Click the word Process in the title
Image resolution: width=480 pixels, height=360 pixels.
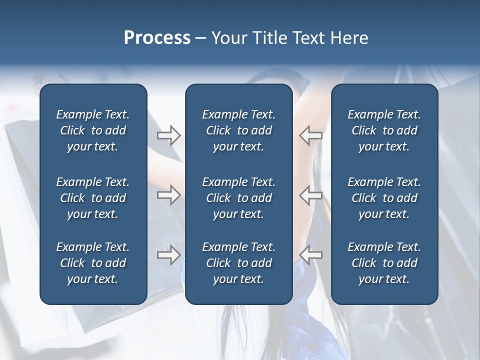157,38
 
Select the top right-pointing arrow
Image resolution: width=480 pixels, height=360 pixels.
168,135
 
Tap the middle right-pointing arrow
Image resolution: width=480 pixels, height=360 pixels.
168,195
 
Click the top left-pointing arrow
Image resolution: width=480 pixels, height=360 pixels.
310,135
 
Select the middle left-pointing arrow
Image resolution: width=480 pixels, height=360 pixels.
310,195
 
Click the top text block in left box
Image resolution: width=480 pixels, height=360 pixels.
93,130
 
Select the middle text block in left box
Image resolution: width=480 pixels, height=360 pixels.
93,198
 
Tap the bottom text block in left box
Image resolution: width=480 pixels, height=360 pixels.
93,263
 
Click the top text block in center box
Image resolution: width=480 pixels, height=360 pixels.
238,130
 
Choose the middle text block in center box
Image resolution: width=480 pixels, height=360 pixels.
238,198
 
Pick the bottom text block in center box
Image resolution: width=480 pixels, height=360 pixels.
238,263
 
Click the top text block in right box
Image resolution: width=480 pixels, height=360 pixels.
384,130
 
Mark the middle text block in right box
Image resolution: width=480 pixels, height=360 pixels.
384,198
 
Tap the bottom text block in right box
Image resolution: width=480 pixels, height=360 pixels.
384,263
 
